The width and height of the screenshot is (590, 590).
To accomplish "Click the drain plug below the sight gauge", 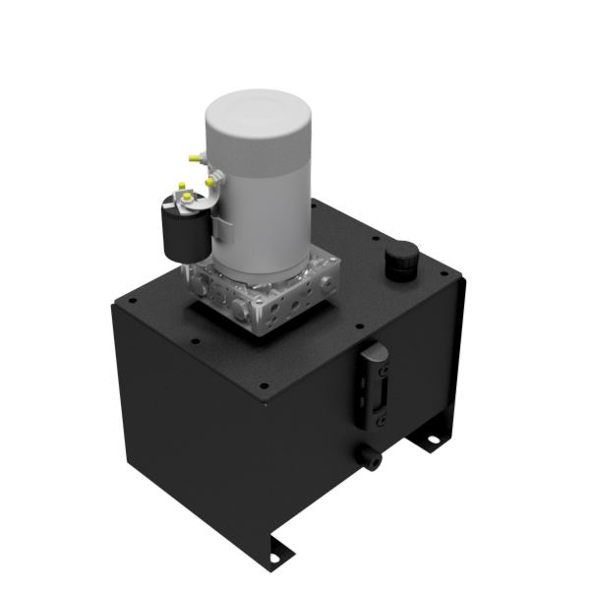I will click(x=372, y=455).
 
